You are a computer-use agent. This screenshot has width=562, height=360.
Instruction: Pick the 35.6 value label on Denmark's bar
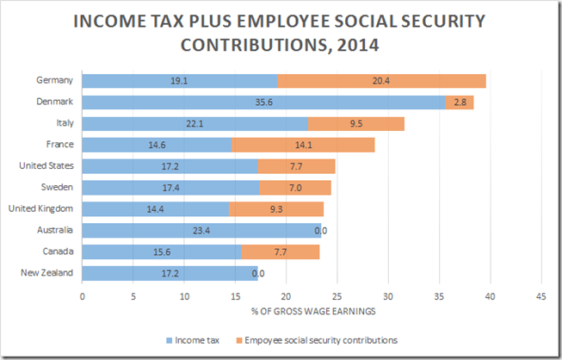[264, 102]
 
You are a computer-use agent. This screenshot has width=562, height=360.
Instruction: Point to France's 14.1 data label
[303, 145]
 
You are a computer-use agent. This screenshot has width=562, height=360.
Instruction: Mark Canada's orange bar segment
[280, 251]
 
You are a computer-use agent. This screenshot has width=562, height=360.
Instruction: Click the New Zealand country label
[46, 273]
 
